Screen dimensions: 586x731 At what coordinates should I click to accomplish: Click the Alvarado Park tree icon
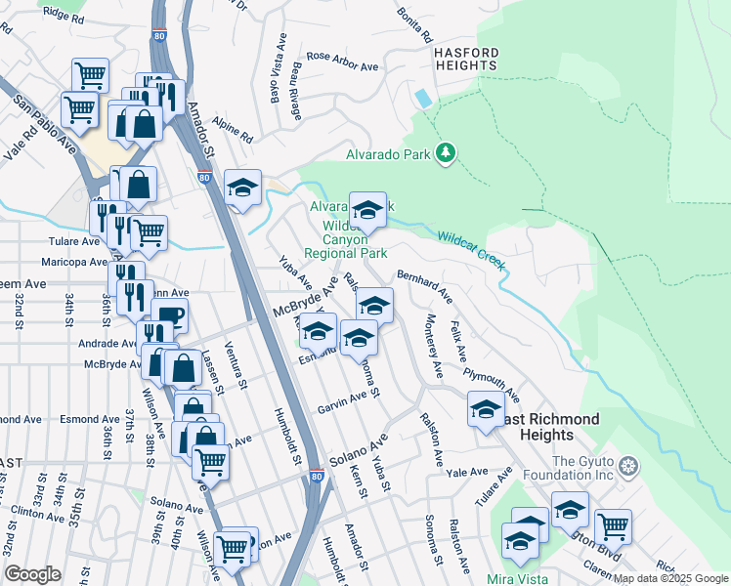click(446, 152)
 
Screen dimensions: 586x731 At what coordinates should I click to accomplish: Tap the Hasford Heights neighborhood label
click(466, 59)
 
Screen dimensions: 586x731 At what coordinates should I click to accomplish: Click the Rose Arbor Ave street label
click(342, 62)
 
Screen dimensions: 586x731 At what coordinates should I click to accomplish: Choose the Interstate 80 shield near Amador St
click(202, 178)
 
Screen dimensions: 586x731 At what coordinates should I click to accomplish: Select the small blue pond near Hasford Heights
click(422, 99)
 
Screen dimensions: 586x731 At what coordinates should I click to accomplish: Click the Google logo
click(32, 574)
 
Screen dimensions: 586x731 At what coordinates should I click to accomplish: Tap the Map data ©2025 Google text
click(670, 578)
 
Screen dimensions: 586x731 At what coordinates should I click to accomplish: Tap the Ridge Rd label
click(64, 16)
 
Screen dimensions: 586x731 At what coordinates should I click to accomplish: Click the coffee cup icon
click(169, 317)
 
